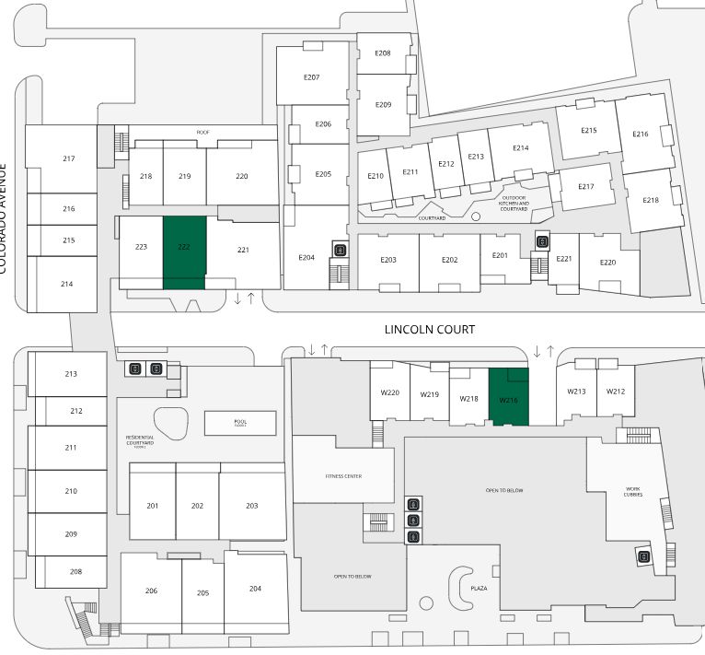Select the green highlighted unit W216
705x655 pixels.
[x=509, y=397]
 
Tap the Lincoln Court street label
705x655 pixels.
[x=430, y=329]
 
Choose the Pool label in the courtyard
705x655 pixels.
[x=240, y=422]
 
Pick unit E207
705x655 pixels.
[x=311, y=76]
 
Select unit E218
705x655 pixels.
[x=651, y=200]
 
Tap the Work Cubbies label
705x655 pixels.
[x=633, y=492]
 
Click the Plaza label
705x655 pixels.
[x=479, y=587]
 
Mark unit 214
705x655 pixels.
[x=66, y=284]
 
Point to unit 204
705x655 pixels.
[x=255, y=589]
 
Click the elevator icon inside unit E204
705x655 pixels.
[x=341, y=250]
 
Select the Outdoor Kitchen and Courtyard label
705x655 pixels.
[x=513, y=203]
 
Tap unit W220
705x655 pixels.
[x=389, y=393]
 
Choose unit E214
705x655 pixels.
[x=520, y=148]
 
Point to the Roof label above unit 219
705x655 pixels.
[x=203, y=133]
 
